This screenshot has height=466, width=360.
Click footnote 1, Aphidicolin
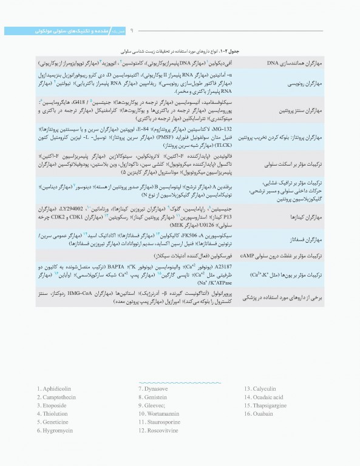coord(56,388)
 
